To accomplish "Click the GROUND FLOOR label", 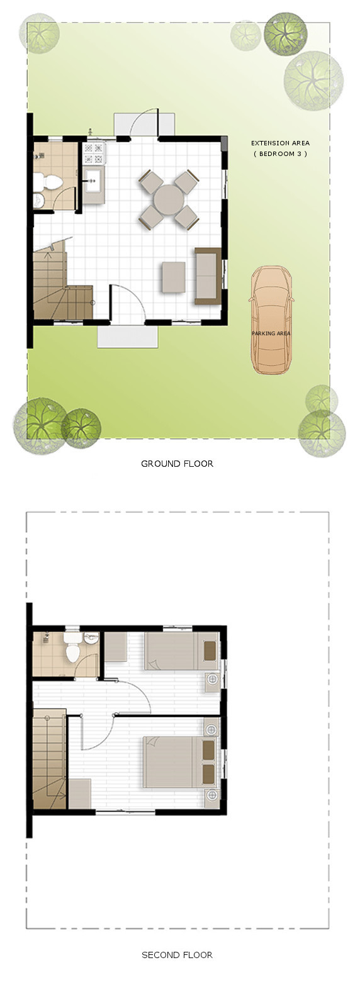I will [177, 464].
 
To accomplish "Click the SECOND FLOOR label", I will [177, 954].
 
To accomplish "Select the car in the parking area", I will [271, 321].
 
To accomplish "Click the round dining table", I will [169, 199].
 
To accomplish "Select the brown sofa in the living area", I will [208, 276].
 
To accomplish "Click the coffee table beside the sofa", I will [174, 277].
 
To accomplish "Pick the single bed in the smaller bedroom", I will [180, 650].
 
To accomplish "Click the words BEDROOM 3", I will [280, 154].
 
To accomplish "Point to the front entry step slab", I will [128, 336].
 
